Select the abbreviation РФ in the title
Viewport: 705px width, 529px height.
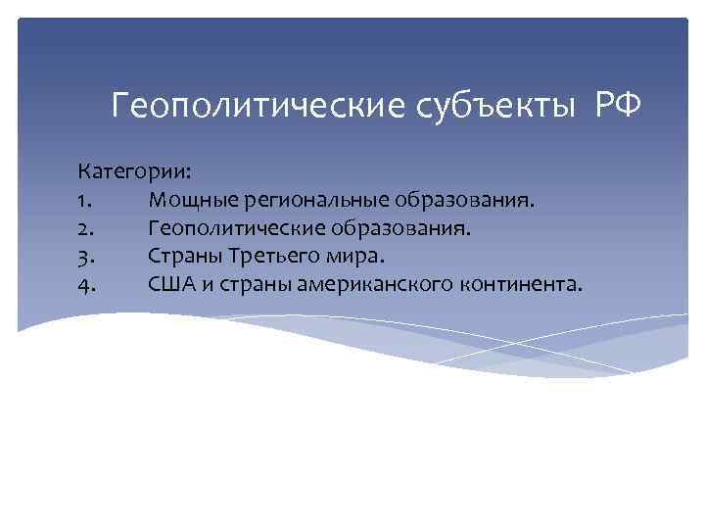click(618, 104)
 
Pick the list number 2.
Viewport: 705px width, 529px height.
click(85, 229)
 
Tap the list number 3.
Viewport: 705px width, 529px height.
click(85, 257)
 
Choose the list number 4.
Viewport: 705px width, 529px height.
click(85, 285)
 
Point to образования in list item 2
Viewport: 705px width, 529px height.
click(409, 229)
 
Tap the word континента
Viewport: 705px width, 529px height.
click(518, 285)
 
